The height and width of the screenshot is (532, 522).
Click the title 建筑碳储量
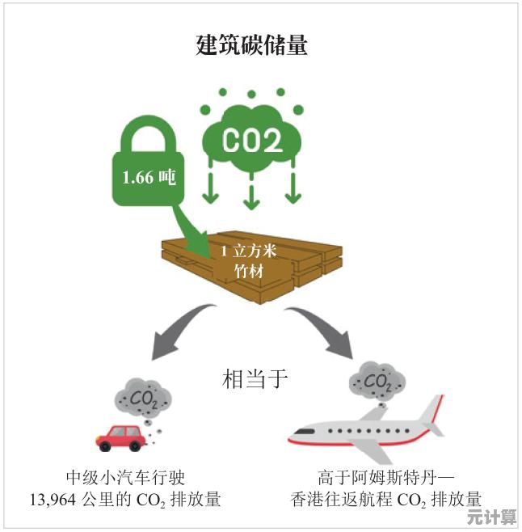click(252, 44)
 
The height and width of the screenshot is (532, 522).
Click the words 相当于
click(254, 379)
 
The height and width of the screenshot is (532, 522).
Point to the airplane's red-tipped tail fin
click(431, 412)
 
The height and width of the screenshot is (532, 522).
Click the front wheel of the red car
click(105, 445)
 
